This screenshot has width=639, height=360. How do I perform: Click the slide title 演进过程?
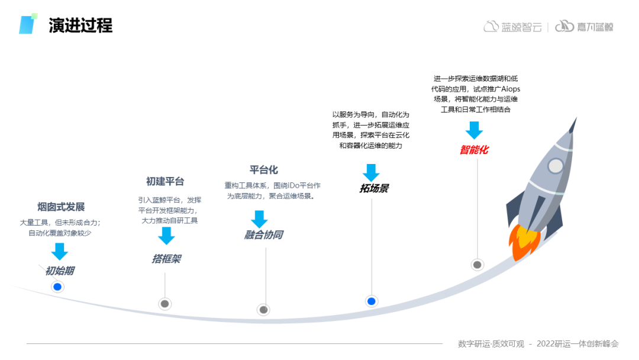(80, 25)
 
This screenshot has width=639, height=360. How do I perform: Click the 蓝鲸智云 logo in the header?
(512, 27)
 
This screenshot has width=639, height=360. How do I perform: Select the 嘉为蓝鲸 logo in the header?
(584, 27)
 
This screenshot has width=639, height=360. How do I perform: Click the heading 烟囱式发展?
(61, 207)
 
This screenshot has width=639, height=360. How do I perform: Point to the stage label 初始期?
(60, 271)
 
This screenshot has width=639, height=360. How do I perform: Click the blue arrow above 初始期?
(59, 251)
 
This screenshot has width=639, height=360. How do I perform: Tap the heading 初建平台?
(165, 181)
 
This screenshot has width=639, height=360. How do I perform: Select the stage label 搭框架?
(166, 259)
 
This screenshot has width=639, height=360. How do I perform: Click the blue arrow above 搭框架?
(166, 236)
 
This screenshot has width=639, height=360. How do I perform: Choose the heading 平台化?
(263, 170)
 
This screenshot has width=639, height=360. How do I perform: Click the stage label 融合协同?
(263, 235)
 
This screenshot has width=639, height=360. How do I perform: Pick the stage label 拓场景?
(374, 188)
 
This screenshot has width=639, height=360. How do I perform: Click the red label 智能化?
(474, 150)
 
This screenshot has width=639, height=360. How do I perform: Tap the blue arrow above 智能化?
(474, 130)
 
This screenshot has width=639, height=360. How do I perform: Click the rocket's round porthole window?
(555, 166)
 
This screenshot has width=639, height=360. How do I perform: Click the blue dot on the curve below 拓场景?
(372, 301)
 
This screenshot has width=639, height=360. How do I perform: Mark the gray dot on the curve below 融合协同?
(264, 310)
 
